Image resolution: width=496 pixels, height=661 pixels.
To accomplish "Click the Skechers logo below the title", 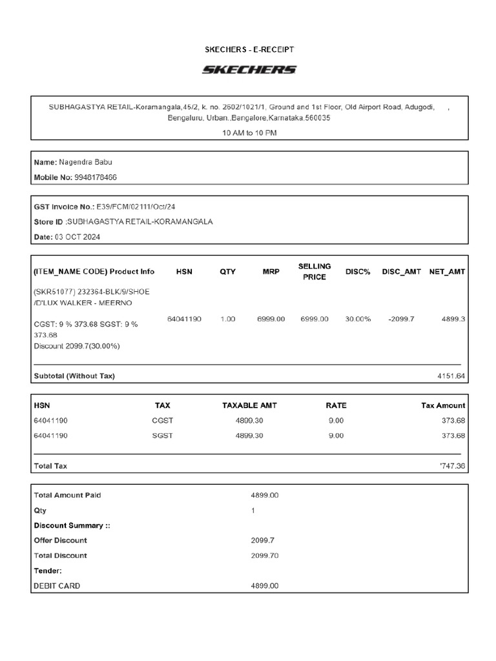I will click(x=249, y=70).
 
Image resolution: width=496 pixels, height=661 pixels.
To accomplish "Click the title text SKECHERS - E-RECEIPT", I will click(x=249, y=49).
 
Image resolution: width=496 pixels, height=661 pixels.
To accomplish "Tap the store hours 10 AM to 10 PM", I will click(x=249, y=133).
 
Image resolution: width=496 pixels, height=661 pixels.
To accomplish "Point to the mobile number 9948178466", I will click(x=96, y=178).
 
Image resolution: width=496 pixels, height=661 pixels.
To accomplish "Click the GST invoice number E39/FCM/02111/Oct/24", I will click(x=136, y=207).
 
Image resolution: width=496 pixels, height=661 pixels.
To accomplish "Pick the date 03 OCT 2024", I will click(x=82, y=237).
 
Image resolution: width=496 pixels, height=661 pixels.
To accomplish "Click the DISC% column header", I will click(x=357, y=272).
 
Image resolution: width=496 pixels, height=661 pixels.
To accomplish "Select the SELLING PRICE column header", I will click(x=315, y=272).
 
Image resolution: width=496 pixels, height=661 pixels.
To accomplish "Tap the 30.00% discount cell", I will click(x=357, y=320).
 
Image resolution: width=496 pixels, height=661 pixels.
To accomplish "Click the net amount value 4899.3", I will click(x=453, y=320).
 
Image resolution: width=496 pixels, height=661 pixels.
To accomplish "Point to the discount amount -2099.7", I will click(x=401, y=320).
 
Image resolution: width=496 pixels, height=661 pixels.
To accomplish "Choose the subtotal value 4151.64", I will click(x=451, y=376).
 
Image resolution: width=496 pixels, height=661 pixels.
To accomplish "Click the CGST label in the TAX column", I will click(x=162, y=420).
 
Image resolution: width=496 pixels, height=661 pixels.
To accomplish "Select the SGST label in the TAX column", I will click(x=162, y=436).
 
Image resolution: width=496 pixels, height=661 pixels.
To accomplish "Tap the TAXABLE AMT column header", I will click(x=249, y=405).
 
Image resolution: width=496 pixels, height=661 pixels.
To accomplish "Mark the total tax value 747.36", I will click(x=451, y=465).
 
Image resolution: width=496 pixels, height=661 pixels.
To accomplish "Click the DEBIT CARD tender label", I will click(x=57, y=585).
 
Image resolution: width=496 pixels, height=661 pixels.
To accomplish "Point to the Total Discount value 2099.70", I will click(x=265, y=555).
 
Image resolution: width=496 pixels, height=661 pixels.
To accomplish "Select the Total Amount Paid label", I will click(x=67, y=495).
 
